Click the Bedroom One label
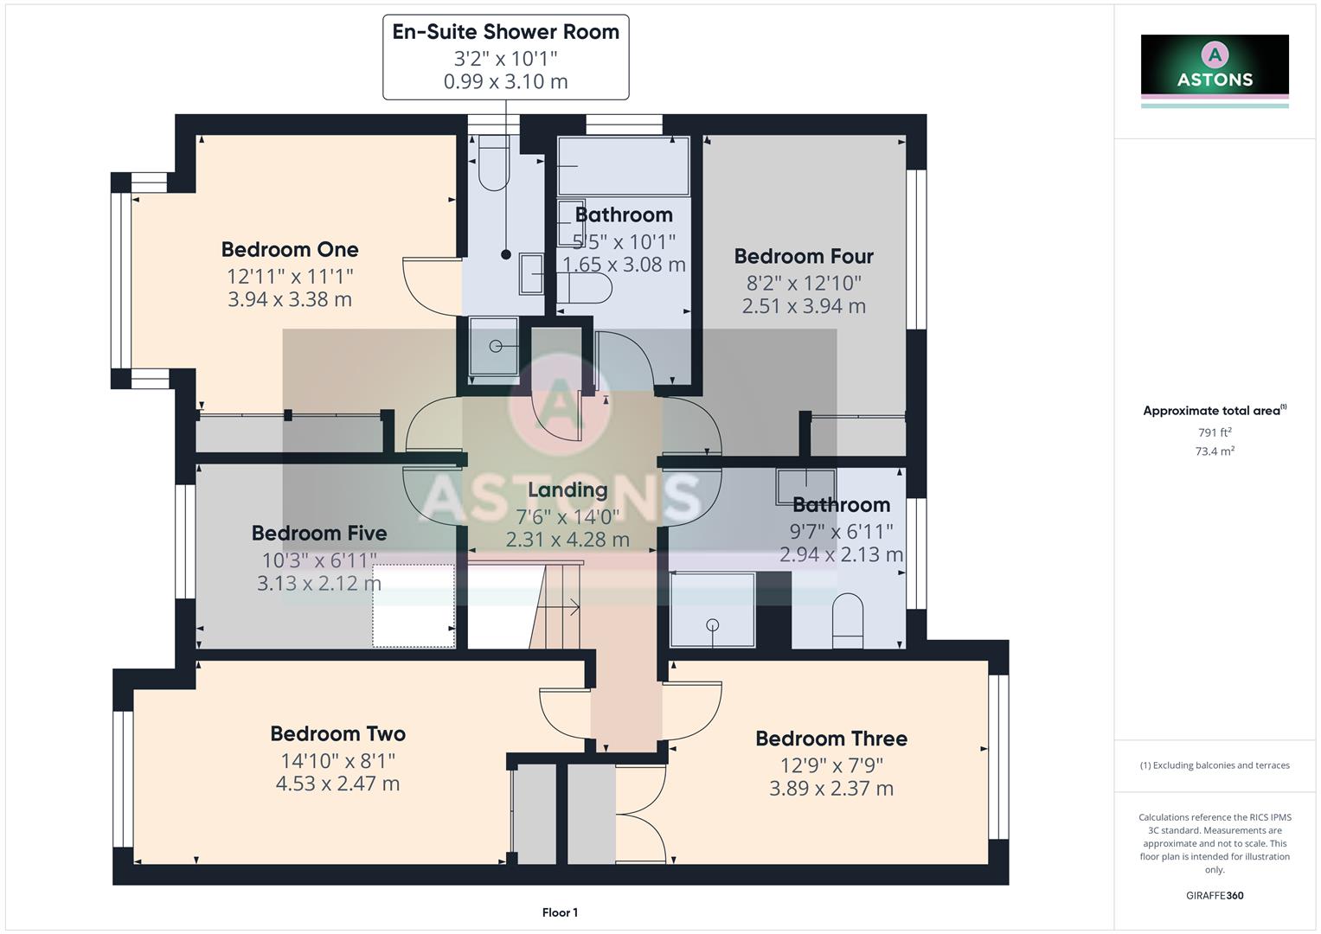290,250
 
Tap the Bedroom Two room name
337,734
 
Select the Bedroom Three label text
830,739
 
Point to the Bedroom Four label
804,257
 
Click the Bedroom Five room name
319,534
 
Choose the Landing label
568,490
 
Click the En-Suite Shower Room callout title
505,32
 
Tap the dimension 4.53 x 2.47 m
337,784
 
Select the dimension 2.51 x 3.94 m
804,306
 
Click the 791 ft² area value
1215,432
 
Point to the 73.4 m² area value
1215,451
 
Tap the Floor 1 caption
560,912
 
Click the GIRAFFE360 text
1215,896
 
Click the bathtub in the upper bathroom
623,166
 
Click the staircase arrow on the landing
572,608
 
